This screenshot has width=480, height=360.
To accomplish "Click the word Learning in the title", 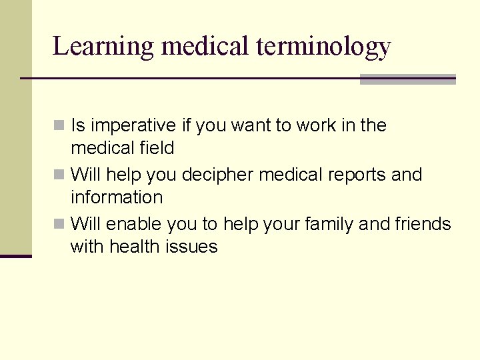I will click(103, 47).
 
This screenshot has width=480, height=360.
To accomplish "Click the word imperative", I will click(133, 126).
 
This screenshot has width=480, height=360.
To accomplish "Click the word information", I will click(117, 198).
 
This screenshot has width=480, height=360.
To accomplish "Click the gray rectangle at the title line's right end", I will click(407, 79).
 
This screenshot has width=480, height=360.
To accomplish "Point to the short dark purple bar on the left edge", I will click(15, 256).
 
